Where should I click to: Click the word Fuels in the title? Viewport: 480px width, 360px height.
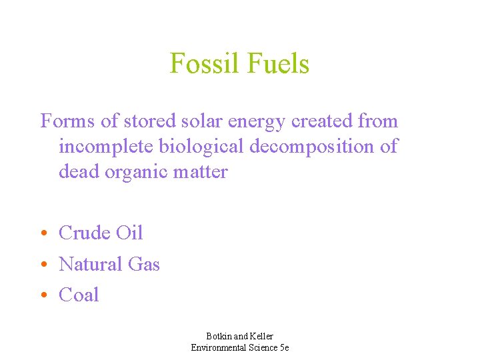[x=278, y=64]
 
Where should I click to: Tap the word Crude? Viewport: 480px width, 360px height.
[x=85, y=233]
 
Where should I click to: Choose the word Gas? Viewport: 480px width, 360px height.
[x=144, y=264]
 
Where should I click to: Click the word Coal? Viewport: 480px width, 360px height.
[x=79, y=295]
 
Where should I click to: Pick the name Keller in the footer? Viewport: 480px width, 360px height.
[x=260, y=336]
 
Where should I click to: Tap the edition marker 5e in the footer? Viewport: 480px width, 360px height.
[x=283, y=347]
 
